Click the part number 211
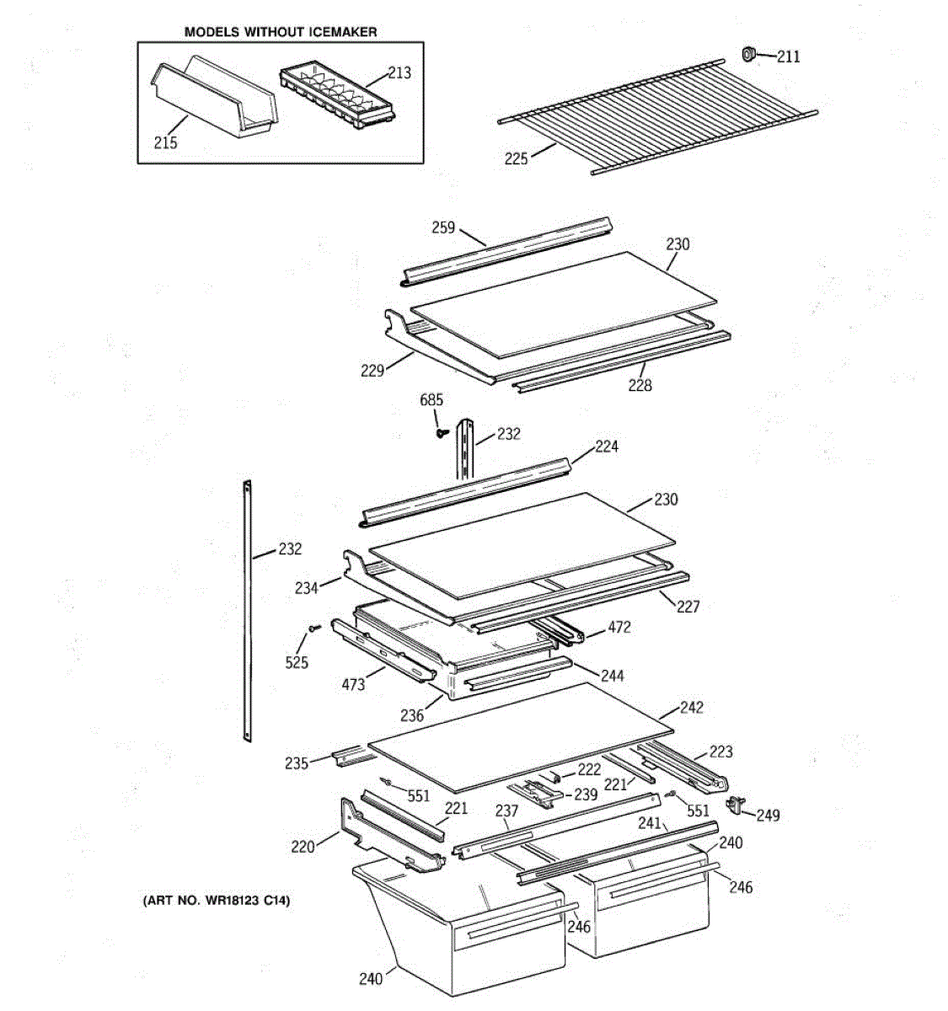(789, 57)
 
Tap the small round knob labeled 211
(747, 55)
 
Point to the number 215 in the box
(166, 143)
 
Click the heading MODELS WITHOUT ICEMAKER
(281, 32)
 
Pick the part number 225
(517, 158)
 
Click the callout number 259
(443, 227)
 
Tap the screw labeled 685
(440, 433)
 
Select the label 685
(431, 400)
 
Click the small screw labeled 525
(313, 628)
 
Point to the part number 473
(353, 684)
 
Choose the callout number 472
(619, 628)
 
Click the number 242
(691, 708)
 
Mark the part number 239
(586, 794)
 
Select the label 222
(589, 770)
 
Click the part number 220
(303, 846)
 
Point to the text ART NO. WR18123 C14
(216, 901)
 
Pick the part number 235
(297, 764)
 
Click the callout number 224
(607, 447)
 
